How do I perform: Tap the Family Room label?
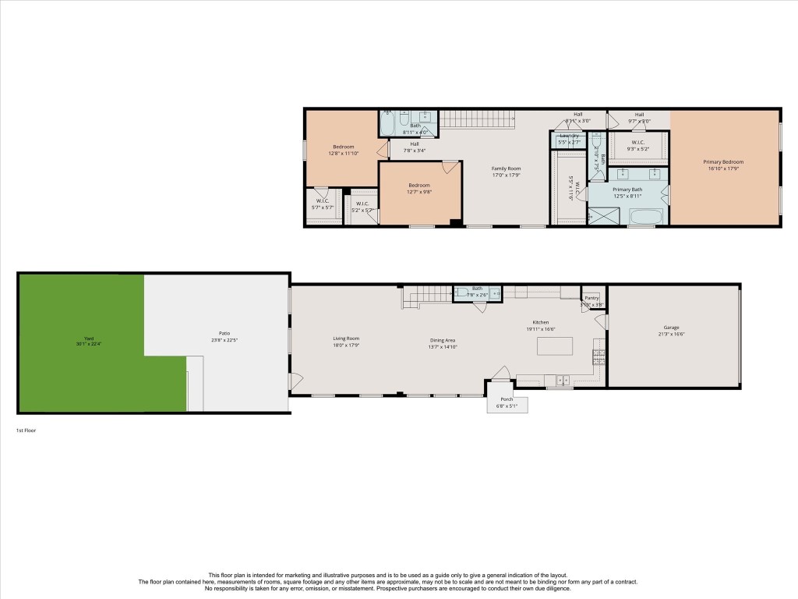coord(506,168)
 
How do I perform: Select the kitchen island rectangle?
coord(553,346)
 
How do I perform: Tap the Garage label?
coord(672,328)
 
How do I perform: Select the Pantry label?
coord(592,297)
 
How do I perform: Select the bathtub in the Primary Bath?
coord(641,216)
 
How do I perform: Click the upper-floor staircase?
coord(478,120)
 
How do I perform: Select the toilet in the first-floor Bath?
coord(463,293)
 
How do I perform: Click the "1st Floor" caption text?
coord(26,431)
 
